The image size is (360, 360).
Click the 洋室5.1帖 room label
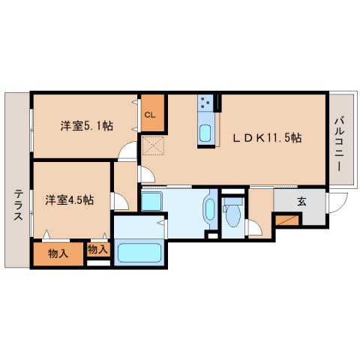[87, 125]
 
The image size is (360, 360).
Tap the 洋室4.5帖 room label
[68, 199]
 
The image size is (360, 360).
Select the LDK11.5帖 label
[267, 138]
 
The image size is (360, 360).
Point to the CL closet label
[150, 115]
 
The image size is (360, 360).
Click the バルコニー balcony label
[340, 143]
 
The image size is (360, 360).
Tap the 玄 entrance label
[301, 201]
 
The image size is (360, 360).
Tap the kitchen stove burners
[206, 100]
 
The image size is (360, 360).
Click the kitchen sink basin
[205, 133]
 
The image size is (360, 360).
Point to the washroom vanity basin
[209, 210]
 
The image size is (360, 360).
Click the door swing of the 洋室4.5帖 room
[119, 201]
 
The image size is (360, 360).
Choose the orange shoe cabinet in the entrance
[286, 220]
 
